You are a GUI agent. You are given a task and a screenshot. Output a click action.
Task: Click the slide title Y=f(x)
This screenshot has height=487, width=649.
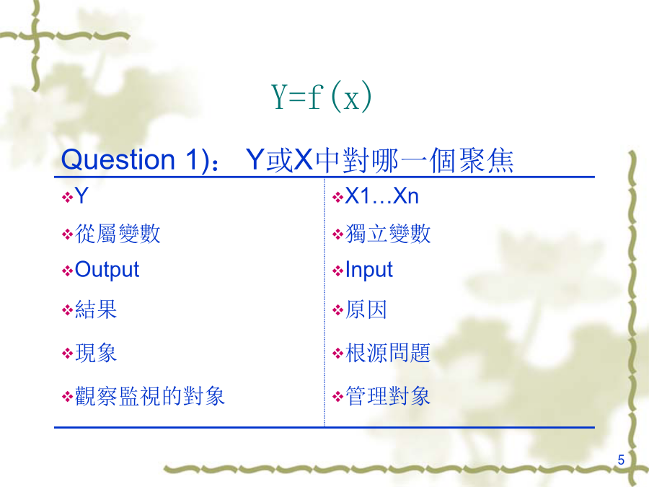pyautogui.click(x=321, y=97)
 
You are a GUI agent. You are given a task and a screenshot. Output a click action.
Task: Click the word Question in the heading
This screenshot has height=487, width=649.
pyautogui.click(x=118, y=160)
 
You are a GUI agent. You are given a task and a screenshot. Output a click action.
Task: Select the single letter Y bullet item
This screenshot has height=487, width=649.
pyautogui.click(x=81, y=196)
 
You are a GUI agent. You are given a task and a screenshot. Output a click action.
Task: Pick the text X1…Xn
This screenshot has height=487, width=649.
pyautogui.click(x=381, y=196)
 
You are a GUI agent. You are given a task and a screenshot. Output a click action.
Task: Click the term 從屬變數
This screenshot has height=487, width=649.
pyautogui.click(x=118, y=234)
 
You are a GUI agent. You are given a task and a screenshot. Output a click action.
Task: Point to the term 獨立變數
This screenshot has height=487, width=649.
pyautogui.click(x=388, y=234)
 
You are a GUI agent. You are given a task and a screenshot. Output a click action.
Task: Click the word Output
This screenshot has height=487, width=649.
pyautogui.click(x=107, y=270)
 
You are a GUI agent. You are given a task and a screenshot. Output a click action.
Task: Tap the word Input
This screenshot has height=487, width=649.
pyautogui.click(x=368, y=270)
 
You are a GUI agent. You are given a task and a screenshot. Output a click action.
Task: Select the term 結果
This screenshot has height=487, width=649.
pyautogui.click(x=96, y=310)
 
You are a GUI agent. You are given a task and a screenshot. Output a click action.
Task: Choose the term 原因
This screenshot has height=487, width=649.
pyautogui.click(x=366, y=310)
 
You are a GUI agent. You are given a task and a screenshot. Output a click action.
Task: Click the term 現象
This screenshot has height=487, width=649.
pyautogui.click(x=96, y=353)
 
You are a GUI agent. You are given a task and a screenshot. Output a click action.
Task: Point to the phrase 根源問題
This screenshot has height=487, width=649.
pyautogui.click(x=388, y=353)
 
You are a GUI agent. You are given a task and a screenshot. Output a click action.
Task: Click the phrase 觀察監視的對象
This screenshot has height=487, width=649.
pyautogui.click(x=150, y=396)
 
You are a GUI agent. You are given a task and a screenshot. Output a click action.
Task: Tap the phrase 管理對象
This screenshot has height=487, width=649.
pyautogui.click(x=388, y=396)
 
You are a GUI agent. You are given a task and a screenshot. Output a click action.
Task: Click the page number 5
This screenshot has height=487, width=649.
pyautogui.click(x=621, y=460)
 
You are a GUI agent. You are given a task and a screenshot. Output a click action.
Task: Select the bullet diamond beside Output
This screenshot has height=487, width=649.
pyautogui.click(x=67, y=271)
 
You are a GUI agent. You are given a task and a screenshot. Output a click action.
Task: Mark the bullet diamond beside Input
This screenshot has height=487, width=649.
pyautogui.click(x=337, y=271)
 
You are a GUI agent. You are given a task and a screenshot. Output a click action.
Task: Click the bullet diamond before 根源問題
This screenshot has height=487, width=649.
pyautogui.click(x=337, y=354)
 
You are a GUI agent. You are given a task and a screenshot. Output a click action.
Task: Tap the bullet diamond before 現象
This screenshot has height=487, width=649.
pyautogui.click(x=67, y=354)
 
